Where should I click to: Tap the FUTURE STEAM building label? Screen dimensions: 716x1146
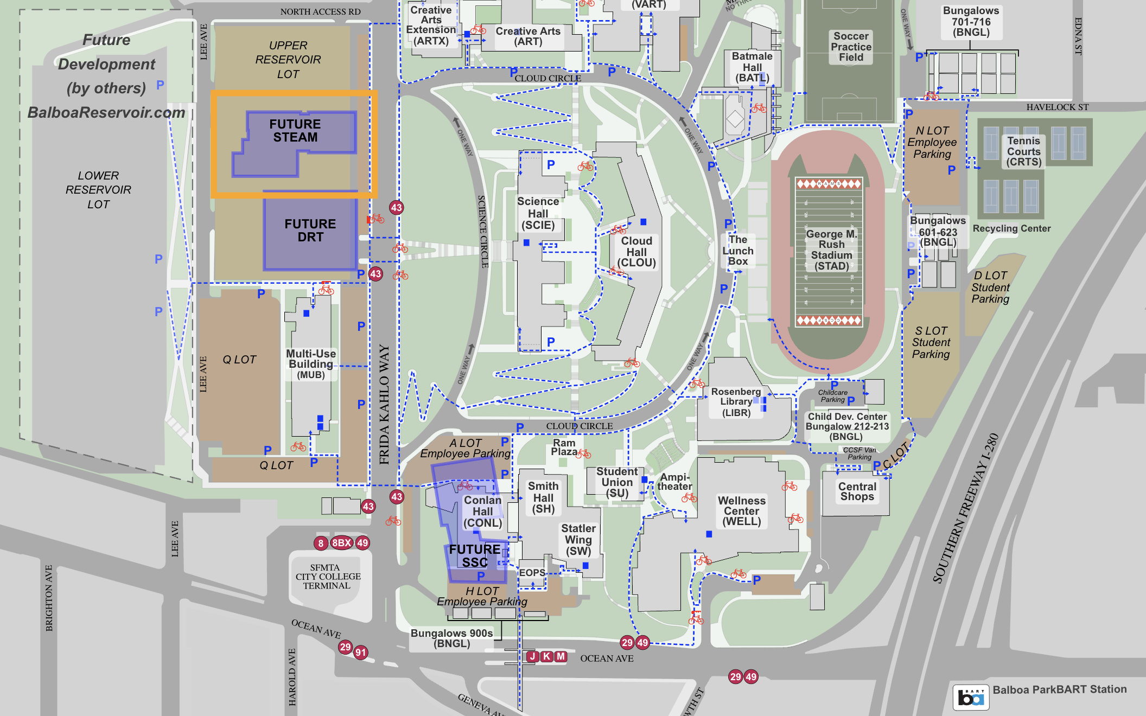(x=295, y=131)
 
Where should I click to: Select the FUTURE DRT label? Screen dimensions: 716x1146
(x=310, y=231)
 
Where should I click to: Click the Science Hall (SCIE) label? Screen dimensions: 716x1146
(x=538, y=213)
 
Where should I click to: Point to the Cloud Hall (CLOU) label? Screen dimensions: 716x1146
(x=636, y=252)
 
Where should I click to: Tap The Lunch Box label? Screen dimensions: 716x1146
(x=738, y=251)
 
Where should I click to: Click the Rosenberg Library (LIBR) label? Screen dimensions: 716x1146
(x=736, y=402)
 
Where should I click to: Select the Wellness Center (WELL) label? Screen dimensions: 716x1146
(x=741, y=511)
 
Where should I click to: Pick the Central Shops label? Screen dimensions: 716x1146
(x=857, y=491)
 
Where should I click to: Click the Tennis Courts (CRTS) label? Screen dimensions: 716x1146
(x=1023, y=151)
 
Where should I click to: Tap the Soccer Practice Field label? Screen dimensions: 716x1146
(x=851, y=47)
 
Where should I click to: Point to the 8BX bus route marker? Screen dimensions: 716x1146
(x=341, y=543)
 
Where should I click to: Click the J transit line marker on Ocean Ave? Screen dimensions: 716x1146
(x=532, y=656)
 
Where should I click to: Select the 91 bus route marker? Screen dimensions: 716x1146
(x=361, y=653)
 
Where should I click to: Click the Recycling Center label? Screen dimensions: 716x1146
(x=1011, y=228)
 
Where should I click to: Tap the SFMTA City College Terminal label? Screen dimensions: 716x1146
(x=328, y=577)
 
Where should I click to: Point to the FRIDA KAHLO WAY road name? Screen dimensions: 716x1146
(x=384, y=404)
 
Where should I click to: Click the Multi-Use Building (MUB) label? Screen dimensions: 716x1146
(x=311, y=363)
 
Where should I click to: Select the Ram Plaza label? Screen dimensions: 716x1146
(x=564, y=448)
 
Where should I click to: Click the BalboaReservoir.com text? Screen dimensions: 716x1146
(x=106, y=112)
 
